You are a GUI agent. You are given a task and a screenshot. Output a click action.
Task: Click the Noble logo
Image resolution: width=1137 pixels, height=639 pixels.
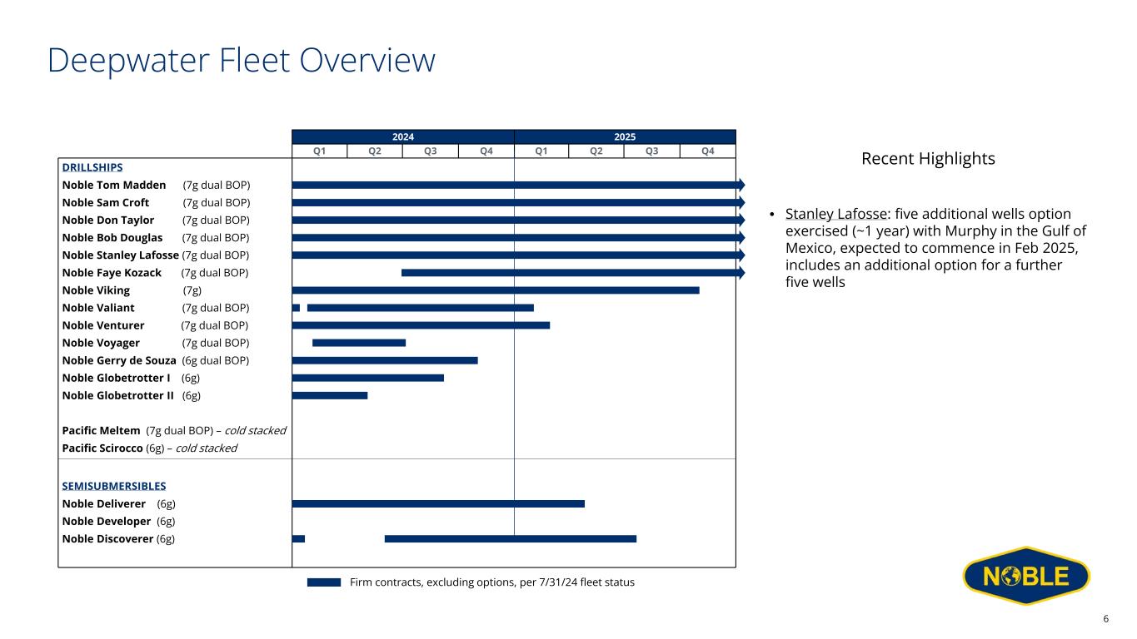pos(1026,576)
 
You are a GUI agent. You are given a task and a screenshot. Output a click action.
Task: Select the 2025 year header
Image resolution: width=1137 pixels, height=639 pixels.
pos(625,137)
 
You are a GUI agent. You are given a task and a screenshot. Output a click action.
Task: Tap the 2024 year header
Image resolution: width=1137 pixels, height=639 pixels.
pos(403,137)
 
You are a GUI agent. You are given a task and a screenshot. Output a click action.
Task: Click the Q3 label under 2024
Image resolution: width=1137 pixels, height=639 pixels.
pos(431,151)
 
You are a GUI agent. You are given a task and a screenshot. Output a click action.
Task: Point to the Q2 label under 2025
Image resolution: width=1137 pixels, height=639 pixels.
pos(596,151)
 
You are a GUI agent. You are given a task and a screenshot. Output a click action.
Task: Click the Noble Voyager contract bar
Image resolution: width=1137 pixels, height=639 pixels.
pos(359,343)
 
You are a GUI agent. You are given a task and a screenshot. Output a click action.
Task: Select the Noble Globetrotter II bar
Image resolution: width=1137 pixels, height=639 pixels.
pos(330,395)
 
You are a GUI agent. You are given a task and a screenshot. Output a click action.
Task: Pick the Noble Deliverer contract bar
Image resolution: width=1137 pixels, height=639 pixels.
pos(438,503)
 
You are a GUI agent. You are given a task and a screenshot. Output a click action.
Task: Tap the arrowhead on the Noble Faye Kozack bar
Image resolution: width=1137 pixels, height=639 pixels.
pos(741,273)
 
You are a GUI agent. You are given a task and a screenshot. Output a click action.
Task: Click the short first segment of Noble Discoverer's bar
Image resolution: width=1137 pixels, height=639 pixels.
pos(298,538)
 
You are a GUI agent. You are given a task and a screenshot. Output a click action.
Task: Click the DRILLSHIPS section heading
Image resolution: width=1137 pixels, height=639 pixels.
pos(92,167)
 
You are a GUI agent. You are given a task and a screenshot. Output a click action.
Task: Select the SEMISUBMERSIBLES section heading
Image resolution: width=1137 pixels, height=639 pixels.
pos(114,486)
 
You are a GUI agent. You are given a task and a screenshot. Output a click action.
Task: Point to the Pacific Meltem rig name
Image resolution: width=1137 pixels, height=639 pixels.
pos(101,430)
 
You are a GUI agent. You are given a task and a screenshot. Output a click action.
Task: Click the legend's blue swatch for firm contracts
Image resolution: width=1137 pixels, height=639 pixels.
pos(324,582)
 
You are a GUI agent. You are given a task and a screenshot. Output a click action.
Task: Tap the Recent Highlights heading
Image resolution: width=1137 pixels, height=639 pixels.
pos(928,159)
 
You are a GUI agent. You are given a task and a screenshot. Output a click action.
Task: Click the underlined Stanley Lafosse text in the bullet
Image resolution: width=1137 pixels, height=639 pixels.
pos(836,214)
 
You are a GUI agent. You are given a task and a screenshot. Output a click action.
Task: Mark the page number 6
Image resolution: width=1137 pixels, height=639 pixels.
pos(1105,619)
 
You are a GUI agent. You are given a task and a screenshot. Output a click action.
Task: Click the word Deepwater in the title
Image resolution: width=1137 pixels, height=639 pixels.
pos(128,61)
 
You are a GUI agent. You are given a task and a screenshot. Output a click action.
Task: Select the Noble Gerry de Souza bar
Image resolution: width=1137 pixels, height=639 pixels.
pos(385,360)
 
